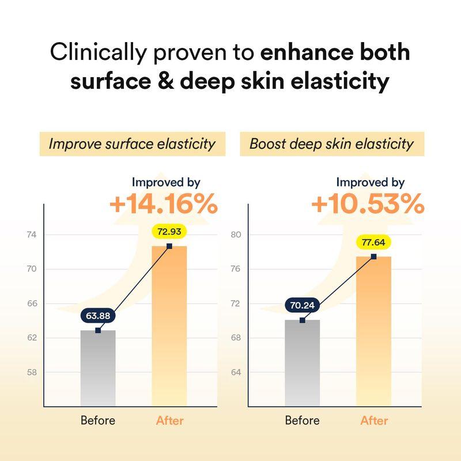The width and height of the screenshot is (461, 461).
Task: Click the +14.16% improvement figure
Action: tap(163, 205)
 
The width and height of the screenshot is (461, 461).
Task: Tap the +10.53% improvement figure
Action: tap(368, 205)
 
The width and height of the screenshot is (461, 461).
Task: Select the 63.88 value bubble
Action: tap(98, 316)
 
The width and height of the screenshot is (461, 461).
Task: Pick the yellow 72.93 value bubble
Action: tap(169, 232)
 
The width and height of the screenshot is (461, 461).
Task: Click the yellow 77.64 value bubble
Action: tap(374, 242)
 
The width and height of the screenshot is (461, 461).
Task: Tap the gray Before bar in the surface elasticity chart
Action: tap(98, 369)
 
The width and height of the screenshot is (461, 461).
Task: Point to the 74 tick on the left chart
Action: tap(31, 235)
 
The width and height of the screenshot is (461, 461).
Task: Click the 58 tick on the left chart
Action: tap(31, 372)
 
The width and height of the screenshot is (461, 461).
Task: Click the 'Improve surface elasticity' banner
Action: tap(131, 143)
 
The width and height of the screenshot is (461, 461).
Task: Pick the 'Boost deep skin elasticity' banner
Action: tap(331, 143)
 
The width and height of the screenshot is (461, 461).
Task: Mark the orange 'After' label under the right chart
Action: tap(374, 421)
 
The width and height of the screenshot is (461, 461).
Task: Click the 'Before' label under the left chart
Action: tap(98, 421)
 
